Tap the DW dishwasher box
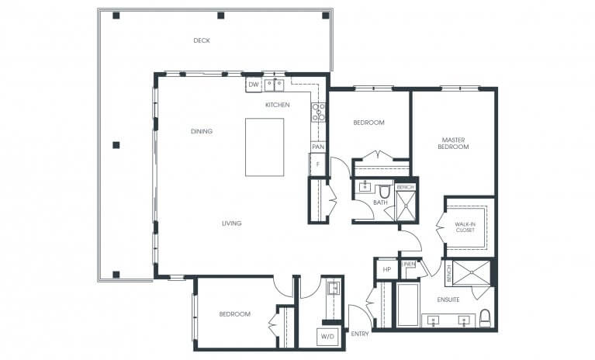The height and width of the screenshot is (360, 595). (254, 85)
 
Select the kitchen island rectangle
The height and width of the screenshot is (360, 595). (265, 147)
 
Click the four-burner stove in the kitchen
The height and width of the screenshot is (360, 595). (318, 112)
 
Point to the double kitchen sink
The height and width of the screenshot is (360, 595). (273, 85)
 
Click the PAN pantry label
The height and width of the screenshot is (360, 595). (317, 147)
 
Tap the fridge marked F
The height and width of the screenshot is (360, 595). (317, 164)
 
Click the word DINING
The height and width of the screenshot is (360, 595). (201, 131)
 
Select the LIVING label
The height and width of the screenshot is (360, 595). (231, 223)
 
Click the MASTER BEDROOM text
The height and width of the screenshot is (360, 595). (453, 143)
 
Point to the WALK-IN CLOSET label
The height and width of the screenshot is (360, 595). (465, 227)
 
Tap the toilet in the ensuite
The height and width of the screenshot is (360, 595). (486, 318)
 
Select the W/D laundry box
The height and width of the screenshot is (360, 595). (326, 337)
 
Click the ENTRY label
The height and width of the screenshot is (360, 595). (360, 334)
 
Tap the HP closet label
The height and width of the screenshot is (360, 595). (386, 269)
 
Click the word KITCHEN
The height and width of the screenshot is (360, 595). (278, 104)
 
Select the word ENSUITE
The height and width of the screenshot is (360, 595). (448, 299)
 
